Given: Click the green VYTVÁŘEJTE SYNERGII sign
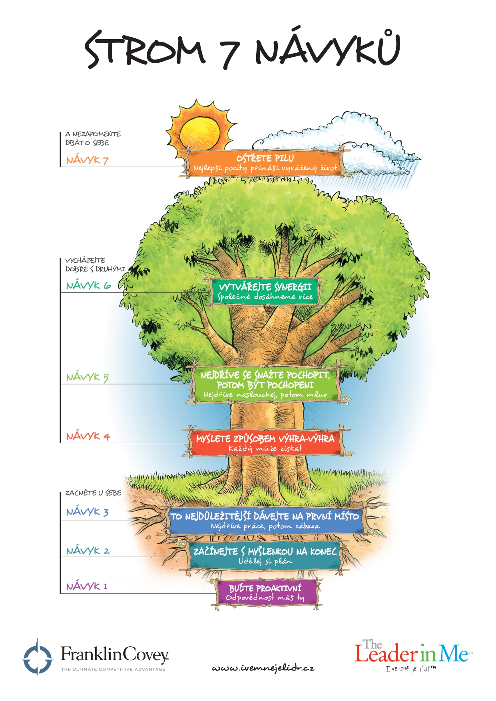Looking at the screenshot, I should click(265, 291).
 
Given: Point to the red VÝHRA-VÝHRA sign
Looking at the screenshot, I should click(265, 442).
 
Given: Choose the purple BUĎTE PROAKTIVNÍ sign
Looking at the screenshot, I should click(265, 593).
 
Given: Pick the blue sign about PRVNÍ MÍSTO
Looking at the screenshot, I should click(265, 521).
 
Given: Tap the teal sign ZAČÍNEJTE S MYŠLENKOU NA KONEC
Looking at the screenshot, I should click(265, 556).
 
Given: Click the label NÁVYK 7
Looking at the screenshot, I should click(87, 160).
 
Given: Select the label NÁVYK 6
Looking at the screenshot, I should click(88, 285).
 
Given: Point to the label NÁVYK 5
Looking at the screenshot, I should click(87, 377).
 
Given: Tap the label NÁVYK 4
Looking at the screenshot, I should click(88, 436).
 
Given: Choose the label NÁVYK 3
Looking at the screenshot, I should click(87, 512).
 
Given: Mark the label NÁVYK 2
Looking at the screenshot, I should click(88, 551).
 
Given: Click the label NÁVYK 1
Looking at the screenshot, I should click(87, 586).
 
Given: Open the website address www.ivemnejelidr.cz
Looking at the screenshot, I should click(263, 668).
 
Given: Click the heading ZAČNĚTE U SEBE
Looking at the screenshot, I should click(93, 493).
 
